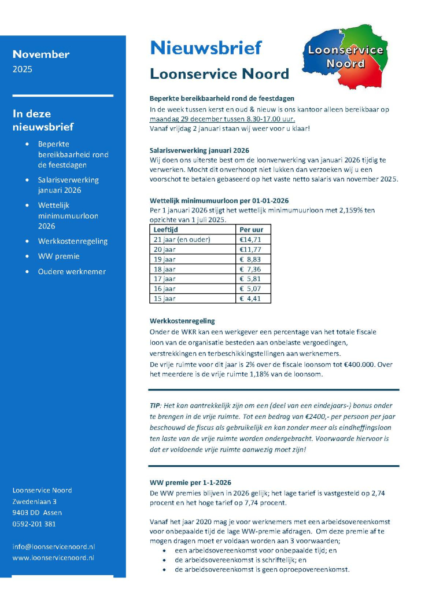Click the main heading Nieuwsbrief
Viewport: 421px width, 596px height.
pyautogui.click(x=205, y=48)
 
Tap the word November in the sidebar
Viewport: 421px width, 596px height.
pyautogui.click(x=41, y=54)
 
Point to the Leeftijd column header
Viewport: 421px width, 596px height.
pyautogui.click(x=166, y=229)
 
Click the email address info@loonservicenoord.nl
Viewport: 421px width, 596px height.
pyautogui.click(x=54, y=546)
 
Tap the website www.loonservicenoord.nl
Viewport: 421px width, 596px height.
pyautogui.click(x=53, y=558)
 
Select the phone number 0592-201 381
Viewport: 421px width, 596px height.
pyautogui.click(x=34, y=524)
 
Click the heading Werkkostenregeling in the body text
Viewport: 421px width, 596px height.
pyautogui.click(x=182, y=321)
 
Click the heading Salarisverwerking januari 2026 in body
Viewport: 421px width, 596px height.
pyautogui.click(x=200, y=150)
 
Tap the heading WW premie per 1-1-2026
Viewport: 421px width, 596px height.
pyautogui.click(x=190, y=482)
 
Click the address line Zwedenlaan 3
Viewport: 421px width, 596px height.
pyautogui.click(x=35, y=501)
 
